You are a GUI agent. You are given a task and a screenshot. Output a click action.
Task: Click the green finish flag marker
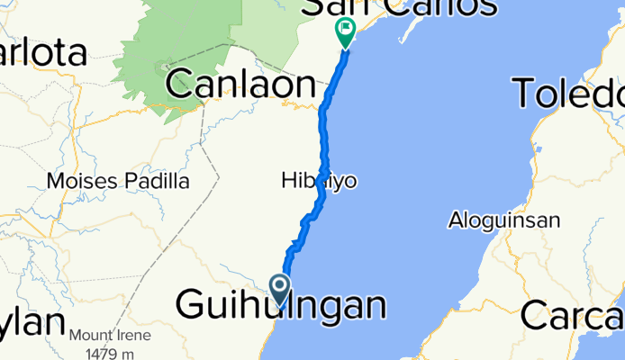[346, 32]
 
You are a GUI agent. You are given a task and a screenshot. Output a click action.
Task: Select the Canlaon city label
[240, 85]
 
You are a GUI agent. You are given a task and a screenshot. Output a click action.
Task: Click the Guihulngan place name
[281, 306]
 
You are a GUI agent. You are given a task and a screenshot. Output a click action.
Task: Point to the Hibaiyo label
[319, 182]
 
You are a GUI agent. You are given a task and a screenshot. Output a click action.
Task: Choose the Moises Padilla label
[118, 182]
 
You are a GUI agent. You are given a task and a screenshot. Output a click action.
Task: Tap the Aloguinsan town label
[504, 220]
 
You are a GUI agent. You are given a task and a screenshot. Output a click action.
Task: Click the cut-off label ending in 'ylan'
[32, 324]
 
